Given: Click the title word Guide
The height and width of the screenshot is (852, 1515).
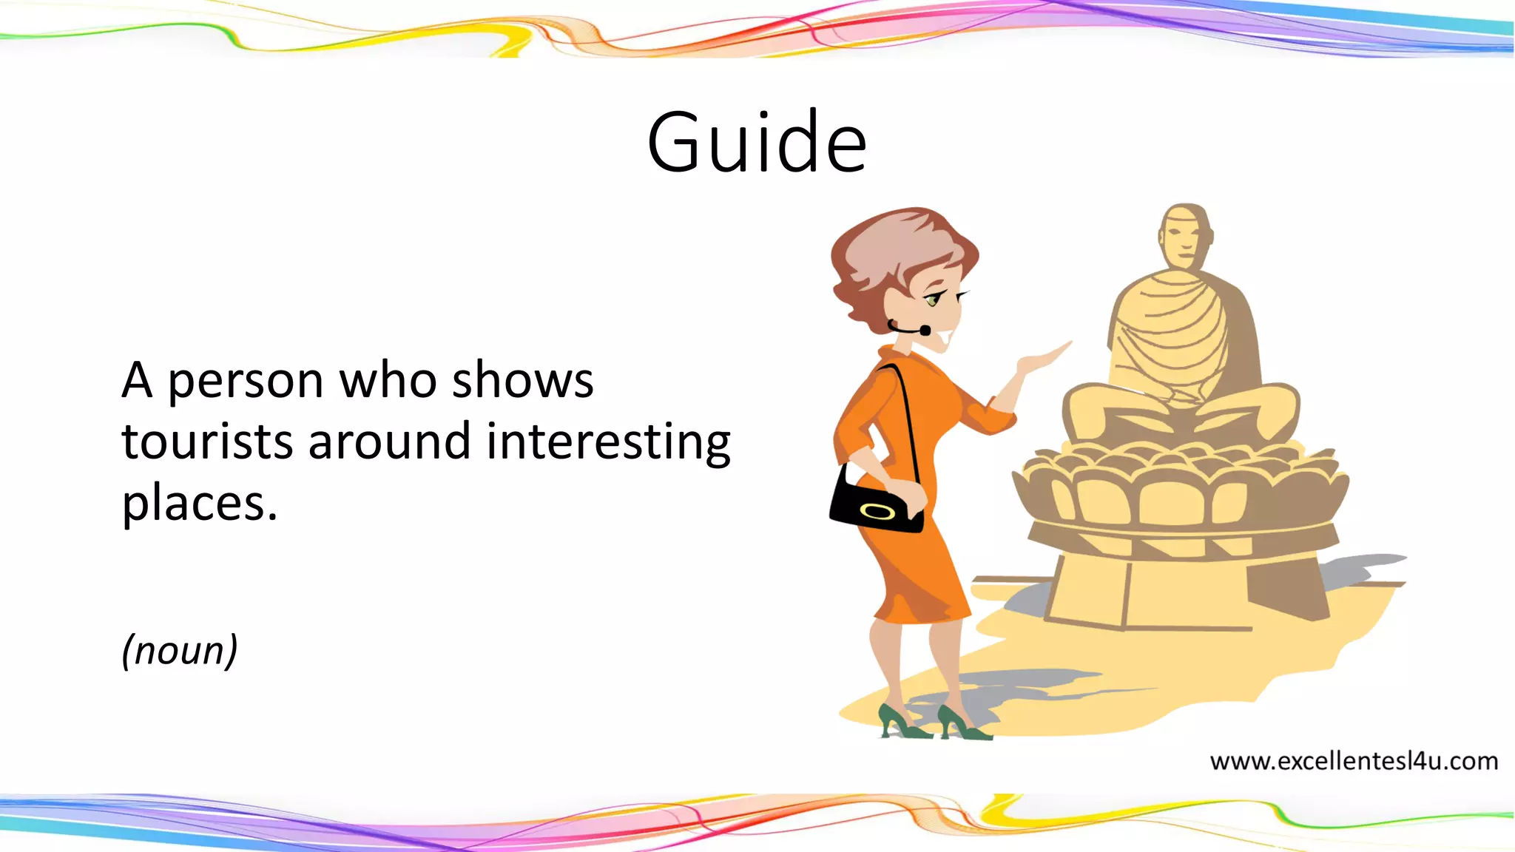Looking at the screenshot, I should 756,142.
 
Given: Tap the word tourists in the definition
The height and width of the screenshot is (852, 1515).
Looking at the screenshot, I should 204,442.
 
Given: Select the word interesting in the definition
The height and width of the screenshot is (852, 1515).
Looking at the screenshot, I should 608,442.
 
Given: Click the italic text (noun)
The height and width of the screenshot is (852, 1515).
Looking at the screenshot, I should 180,650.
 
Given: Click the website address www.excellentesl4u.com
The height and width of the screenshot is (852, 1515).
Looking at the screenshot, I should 1354,761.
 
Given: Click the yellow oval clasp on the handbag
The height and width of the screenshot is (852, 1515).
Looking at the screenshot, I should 877,511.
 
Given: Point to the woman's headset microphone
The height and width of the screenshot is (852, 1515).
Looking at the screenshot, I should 925,331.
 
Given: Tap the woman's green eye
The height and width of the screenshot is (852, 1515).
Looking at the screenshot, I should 933,300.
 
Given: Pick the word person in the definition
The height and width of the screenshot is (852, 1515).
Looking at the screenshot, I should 246,381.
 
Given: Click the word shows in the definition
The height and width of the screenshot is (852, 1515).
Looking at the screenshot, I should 522,381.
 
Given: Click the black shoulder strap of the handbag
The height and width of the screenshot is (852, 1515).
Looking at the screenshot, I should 908,414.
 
